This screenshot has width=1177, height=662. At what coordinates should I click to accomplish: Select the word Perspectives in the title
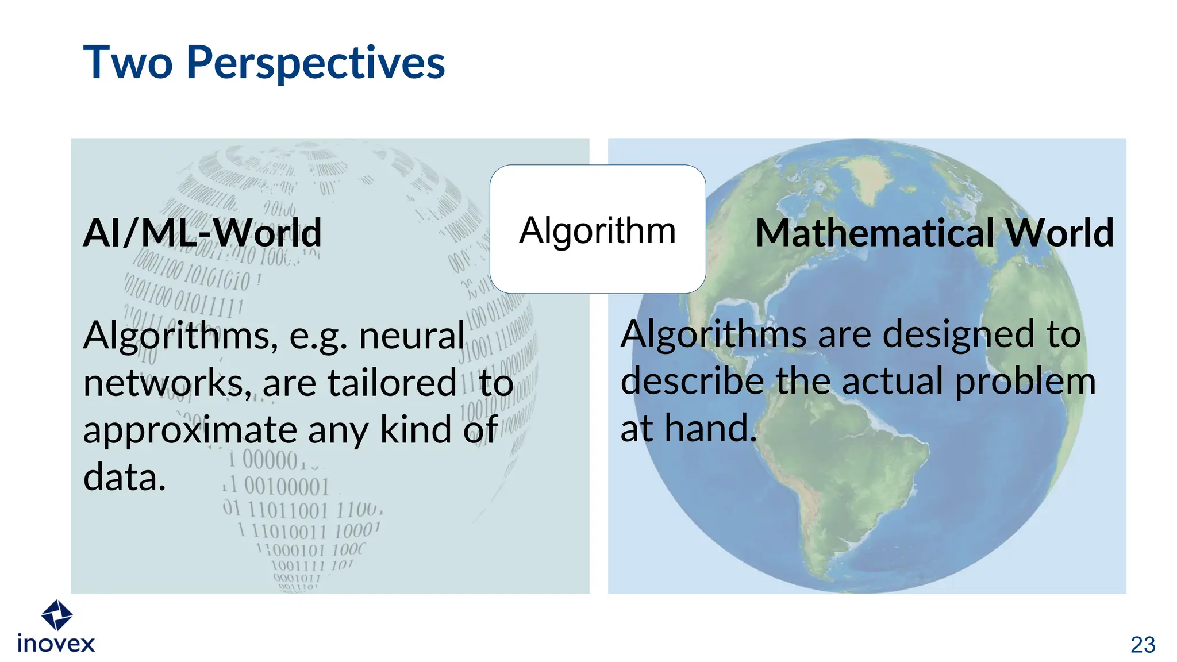tap(316, 63)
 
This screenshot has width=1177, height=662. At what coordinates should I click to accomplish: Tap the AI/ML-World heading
tap(202, 233)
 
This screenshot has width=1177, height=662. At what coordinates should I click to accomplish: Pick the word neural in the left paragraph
tap(411, 336)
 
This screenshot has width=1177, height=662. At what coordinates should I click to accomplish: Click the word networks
tap(167, 383)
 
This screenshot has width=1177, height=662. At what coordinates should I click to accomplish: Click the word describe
tap(693, 381)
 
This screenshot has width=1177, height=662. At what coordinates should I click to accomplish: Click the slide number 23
tap(1143, 645)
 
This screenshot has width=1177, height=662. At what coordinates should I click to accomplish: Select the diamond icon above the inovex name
tap(57, 615)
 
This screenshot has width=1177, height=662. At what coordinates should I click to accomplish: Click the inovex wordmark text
tap(56, 644)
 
